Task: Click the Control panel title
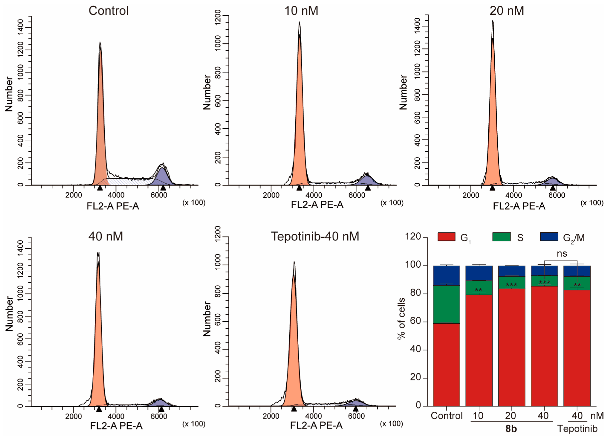[x=109, y=11]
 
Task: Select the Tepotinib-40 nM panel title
[x=315, y=236]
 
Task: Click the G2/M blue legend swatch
[x=549, y=237]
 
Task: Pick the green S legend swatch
[x=501, y=237]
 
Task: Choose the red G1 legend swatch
[x=446, y=237]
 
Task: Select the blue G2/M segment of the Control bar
[x=446, y=275]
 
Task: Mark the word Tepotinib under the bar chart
[x=577, y=428]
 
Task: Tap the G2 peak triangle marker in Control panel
[x=163, y=187]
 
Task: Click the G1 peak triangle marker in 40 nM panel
[x=99, y=409]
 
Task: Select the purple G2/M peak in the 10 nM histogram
[x=367, y=180]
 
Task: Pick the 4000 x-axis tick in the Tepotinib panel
[x=313, y=416]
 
